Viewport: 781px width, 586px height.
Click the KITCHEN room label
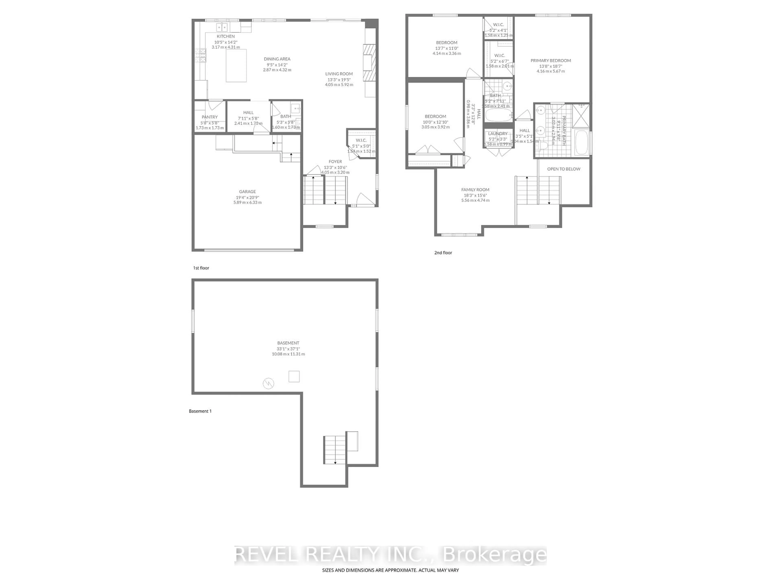tap(226, 36)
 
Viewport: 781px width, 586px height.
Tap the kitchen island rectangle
tap(236, 66)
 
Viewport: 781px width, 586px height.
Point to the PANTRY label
tap(210, 117)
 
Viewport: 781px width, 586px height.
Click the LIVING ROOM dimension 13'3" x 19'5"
tap(339, 80)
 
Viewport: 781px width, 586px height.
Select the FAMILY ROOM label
tap(475, 190)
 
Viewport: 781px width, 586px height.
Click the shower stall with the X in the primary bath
tap(580, 115)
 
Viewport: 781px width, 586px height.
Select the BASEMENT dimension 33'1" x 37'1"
tap(288, 349)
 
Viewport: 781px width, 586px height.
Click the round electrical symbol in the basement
tap(268, 383)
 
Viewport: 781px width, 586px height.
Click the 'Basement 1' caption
tap(200, 411)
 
